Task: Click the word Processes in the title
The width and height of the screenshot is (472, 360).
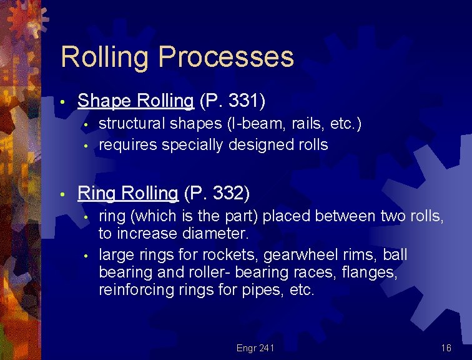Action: (226, 57)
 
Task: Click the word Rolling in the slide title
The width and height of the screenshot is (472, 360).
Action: (105, 57)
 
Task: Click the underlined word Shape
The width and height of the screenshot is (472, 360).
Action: (102, 101)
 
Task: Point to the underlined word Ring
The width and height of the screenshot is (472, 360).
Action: (97, 194)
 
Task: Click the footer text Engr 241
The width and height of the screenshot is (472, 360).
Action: (255, 347)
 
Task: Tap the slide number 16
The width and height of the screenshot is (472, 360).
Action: (446, 347)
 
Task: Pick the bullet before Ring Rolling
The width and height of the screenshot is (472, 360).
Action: (64, 195)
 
